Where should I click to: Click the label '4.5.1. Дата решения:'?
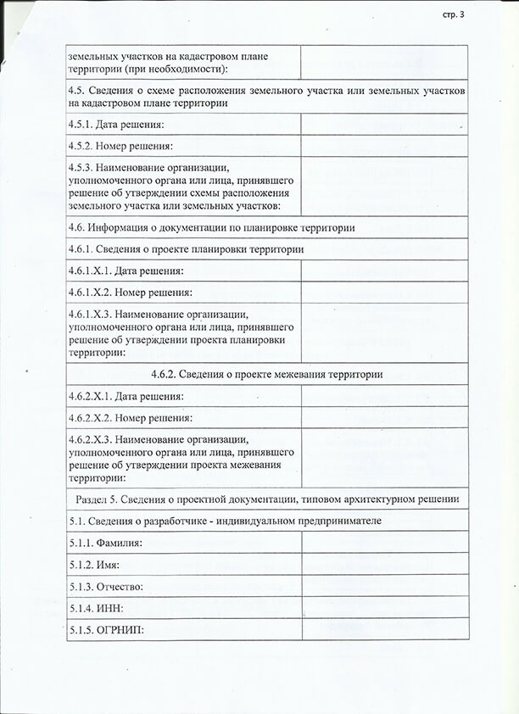(116, 126)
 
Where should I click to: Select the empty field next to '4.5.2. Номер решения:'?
(384, 146)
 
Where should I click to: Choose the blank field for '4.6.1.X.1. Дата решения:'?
(384, 271)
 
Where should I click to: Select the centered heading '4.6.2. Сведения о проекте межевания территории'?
(267, 374)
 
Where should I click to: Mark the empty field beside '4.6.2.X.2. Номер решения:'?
(384, 417)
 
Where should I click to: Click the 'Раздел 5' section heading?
(267, 499)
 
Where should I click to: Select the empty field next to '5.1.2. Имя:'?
(384, 564)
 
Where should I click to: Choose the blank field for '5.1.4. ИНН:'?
(384, 608)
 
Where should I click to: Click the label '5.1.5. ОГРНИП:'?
(107, 630)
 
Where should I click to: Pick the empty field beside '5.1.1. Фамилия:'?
(384, 542)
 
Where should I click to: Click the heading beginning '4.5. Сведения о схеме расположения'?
(267, 97)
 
